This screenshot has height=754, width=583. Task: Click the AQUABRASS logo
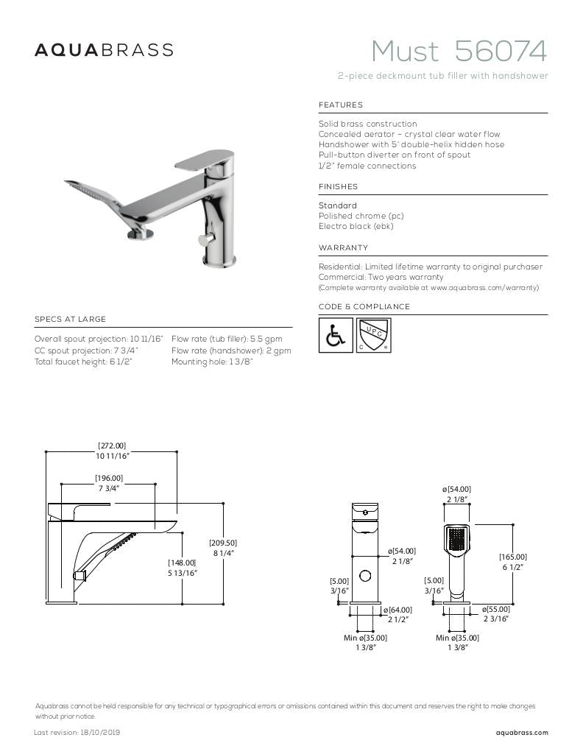point(105,50)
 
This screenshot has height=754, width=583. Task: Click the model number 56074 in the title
point(501,52)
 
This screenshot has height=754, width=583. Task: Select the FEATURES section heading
point(341,105)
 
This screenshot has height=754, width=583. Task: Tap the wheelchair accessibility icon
point(335,336)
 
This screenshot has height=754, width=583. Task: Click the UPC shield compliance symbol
point(373,336)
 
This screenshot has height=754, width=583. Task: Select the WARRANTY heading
point(343,248)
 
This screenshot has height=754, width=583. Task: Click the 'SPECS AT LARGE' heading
point(70,320)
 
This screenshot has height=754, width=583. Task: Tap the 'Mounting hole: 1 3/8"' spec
point(212,362)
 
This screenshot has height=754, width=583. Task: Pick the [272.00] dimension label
point(112,445)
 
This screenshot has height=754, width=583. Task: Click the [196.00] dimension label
point(109,479)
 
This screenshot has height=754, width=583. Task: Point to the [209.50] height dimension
point(223,543)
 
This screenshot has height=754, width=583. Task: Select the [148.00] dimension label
point(182,563)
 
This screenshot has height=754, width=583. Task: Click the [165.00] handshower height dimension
point(513,557)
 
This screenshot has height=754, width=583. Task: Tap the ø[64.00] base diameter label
point(398,610)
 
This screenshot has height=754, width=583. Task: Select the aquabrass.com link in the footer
point(522,733)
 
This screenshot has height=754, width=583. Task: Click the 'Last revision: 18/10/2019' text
point(77,733)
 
